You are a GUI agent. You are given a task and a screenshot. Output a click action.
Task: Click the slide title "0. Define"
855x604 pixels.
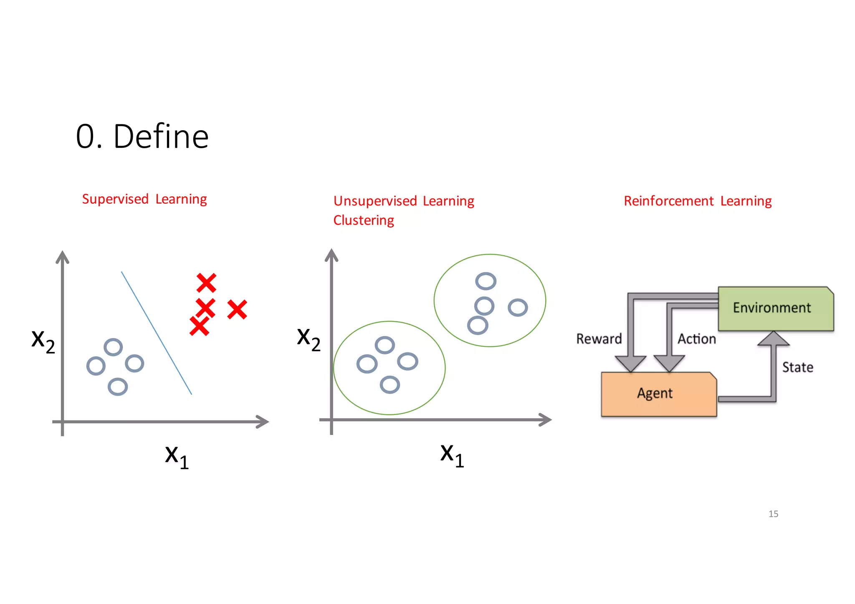142,136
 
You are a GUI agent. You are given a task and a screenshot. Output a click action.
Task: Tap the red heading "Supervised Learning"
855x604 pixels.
144,199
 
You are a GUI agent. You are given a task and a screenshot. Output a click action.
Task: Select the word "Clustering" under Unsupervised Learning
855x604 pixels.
363,220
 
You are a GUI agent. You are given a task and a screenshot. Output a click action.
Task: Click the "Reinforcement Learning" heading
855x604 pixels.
698,201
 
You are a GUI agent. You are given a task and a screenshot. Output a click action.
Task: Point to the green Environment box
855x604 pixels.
776,308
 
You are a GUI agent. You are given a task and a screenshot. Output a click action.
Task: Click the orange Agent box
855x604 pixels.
658,394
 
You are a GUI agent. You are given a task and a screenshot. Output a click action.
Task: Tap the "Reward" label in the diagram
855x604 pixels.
599,339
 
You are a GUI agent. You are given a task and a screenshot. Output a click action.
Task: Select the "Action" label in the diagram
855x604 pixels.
696,339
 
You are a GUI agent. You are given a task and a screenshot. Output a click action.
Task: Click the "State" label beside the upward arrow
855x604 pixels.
797,367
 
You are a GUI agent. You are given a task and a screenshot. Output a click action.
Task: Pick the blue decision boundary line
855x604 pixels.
157,333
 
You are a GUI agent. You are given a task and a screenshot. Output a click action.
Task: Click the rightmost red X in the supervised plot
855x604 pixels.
237,310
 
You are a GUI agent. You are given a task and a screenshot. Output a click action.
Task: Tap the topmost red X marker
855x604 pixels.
206,283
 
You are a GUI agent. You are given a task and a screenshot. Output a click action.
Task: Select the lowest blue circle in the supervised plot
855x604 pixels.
118,387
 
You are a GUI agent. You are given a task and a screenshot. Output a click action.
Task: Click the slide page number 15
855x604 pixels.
773,514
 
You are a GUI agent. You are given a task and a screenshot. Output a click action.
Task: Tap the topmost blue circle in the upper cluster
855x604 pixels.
486,281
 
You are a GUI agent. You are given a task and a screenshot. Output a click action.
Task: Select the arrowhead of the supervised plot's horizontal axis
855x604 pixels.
262,422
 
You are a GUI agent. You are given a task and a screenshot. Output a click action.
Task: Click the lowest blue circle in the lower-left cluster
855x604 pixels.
390,385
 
